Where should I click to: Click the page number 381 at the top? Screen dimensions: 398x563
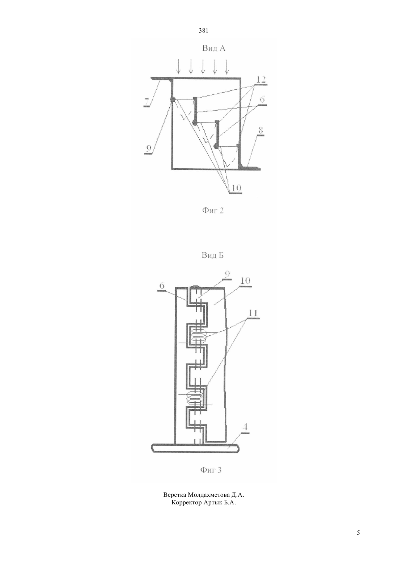point(203,31)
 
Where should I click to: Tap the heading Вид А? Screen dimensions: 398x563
point(214,48)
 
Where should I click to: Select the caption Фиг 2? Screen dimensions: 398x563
point(213,211)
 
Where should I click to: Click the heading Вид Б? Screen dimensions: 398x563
point(212,255)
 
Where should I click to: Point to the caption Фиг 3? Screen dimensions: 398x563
point(211,470)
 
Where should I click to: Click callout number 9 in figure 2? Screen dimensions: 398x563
point(148,149)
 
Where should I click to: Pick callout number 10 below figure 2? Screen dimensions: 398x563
point(236,188)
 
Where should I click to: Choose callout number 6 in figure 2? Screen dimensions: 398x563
point(262,100)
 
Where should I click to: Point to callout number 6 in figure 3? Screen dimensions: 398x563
point(162,286)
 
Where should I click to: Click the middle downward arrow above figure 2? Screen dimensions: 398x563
point(203,67)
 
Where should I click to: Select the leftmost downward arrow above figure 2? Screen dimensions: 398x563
point(178,67)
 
